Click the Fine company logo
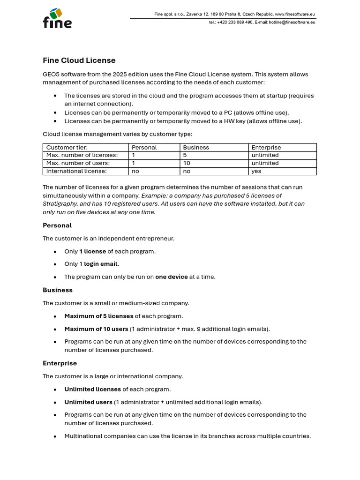click(57, 18)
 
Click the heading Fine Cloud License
click(79, 60)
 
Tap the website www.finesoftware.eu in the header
click(295, 14)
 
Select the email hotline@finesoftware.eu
click(292, 22)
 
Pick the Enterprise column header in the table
click(267, 147)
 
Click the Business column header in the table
click(196, 147)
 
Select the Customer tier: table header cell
click(67, 147)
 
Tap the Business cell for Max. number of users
click(186, 163)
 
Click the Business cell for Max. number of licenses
click(185, 155)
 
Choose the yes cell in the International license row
click(256, 171)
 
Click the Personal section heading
click(57, 225)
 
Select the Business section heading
click(58, 290)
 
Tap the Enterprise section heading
click(60, 363)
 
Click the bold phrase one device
click(172, 277)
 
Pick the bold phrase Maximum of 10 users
click(96, 329)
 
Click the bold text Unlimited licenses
click(92, 389)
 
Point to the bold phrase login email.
click(101, 264)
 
